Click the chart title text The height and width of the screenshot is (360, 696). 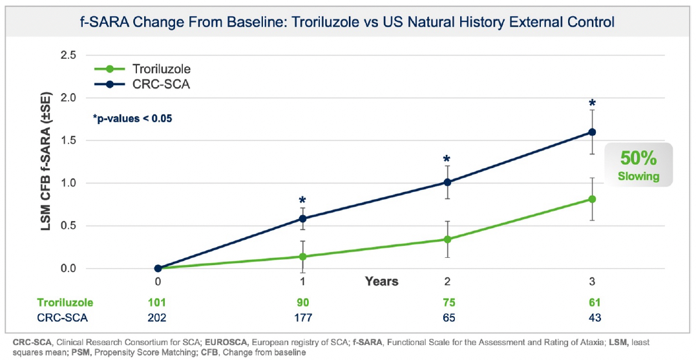click(348, 22)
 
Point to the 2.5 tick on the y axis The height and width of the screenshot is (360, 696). click(68, 56)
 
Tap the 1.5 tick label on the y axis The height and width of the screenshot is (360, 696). click(68, 140)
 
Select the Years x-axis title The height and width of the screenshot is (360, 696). click(381, 281)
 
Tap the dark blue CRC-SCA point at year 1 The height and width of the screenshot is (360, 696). click(302, 218)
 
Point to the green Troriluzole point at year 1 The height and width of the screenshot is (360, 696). click(302, 257)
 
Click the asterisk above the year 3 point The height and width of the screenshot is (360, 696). click(592, 103)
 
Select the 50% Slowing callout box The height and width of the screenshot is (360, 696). click(639, 166)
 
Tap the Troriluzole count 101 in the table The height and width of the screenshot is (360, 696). click(158, 302)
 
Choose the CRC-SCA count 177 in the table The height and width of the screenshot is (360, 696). click(302, 317)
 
